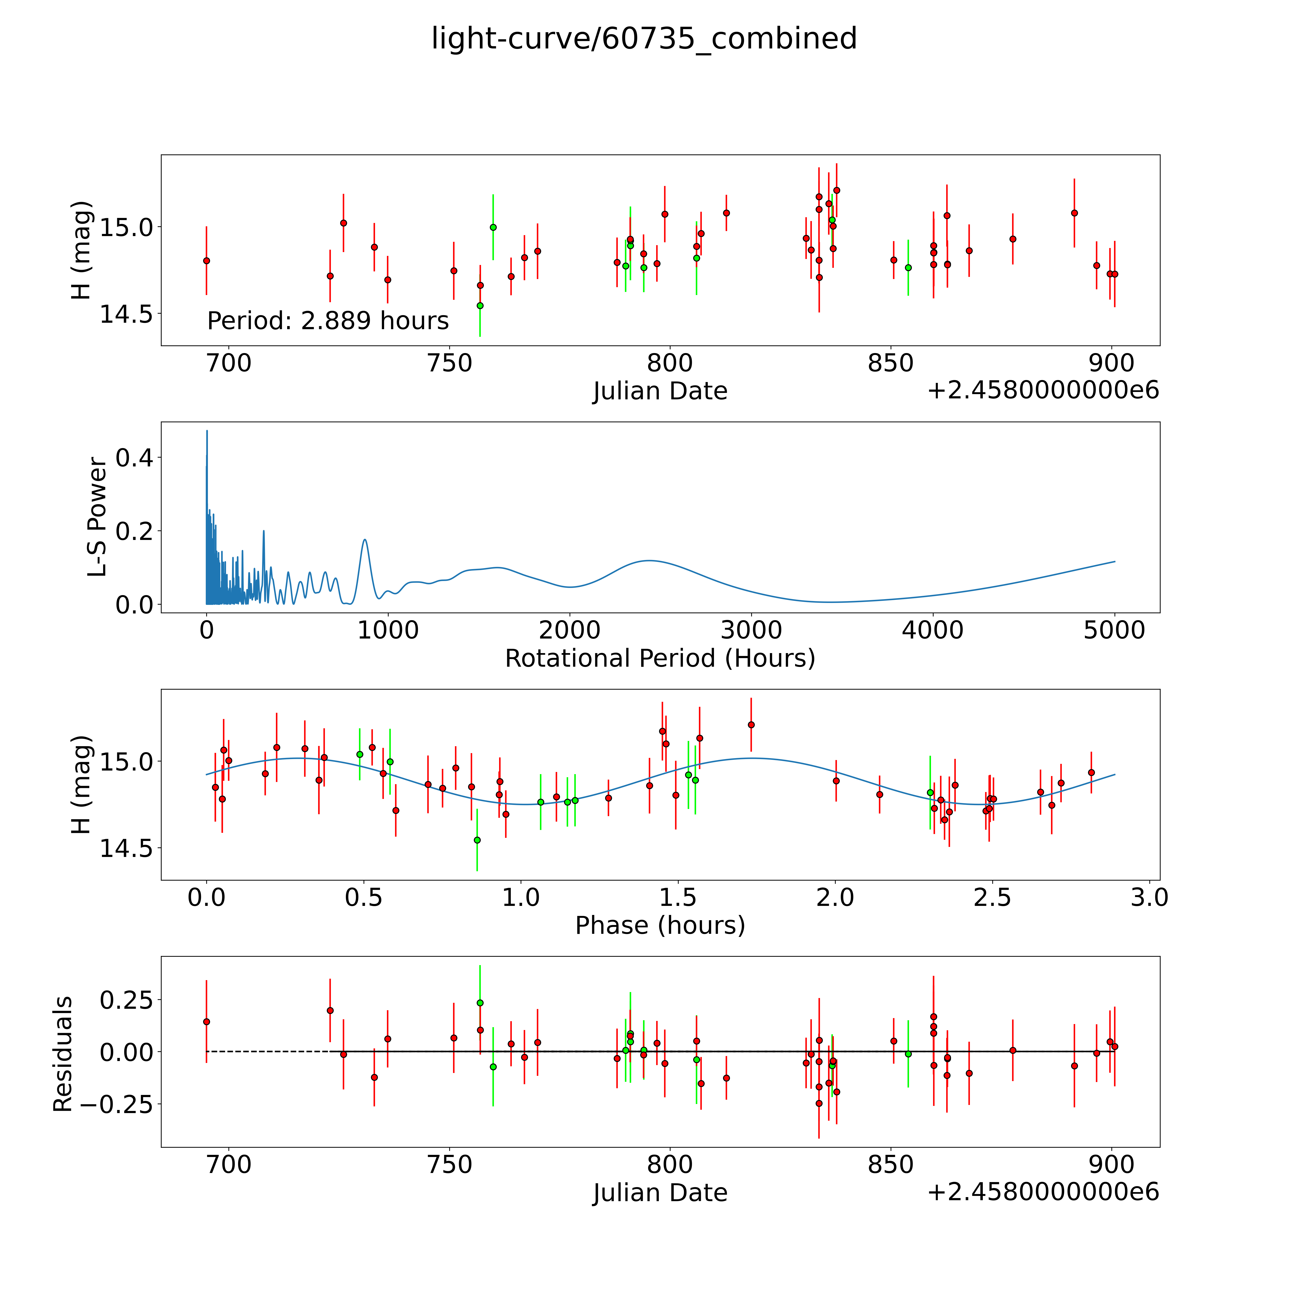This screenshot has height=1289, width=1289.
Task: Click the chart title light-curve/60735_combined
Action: [644, 39]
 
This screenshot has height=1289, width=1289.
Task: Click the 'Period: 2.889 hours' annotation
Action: [328, 321]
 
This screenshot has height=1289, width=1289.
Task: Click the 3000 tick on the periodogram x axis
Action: [751, 630]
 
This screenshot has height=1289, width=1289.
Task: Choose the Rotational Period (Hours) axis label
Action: [660, 659]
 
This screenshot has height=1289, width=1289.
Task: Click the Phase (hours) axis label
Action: [660, 925]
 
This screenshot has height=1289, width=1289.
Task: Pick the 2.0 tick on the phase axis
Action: [835, 897]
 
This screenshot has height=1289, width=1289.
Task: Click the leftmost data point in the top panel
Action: [207, 261]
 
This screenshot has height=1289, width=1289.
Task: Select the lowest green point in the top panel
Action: [480, 306]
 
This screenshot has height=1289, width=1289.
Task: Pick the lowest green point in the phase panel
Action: [477, 840]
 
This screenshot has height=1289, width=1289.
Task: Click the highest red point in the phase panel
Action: [751, 724]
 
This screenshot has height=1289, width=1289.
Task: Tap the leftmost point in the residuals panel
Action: [207, 1021]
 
